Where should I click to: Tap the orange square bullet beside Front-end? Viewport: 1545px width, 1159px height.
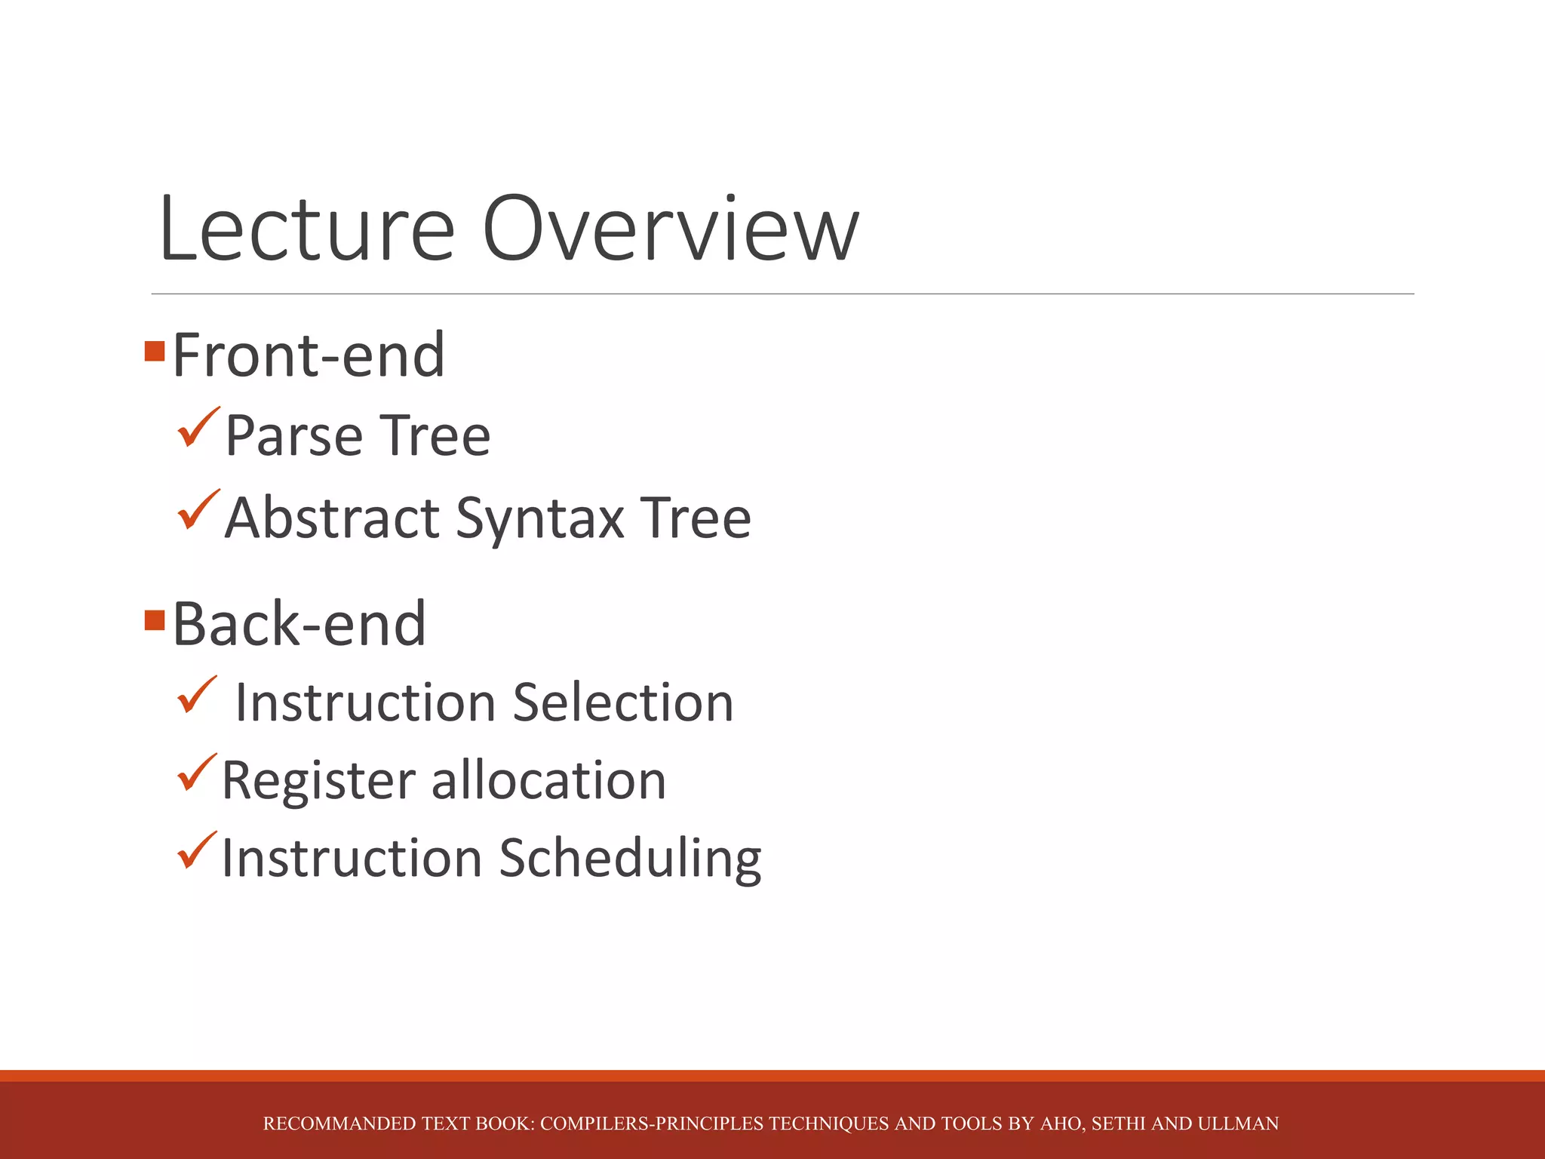pyautogui.click(x=155, y=351)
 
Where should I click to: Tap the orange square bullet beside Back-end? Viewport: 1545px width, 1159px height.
pyautogui.click(x=155, y=620)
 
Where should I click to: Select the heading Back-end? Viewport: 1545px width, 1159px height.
pyautogui.click(x=299, y=624)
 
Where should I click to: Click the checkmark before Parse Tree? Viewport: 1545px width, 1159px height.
pyautogui.click(x=198, y=428)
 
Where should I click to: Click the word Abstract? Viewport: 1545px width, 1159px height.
pyautogui.click(x=332, y=518)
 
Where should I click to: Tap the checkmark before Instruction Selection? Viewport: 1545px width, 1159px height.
pyautogui.click(x=197, y=695)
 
